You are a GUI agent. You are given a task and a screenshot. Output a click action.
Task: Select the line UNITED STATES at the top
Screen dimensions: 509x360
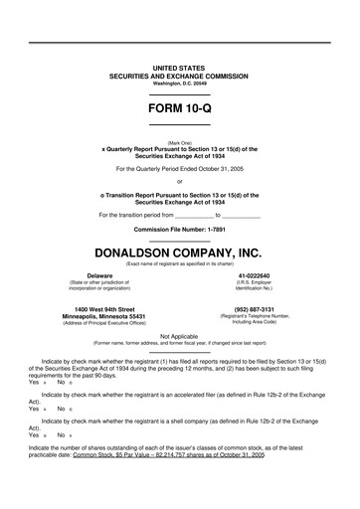click(179, 67)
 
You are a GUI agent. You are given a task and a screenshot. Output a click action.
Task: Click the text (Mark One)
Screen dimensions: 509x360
click(179, 142)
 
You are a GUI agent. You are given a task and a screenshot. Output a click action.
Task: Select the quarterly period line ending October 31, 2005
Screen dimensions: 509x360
click(179, 168)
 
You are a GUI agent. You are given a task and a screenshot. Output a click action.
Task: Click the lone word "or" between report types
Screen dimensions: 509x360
click(179, 181)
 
